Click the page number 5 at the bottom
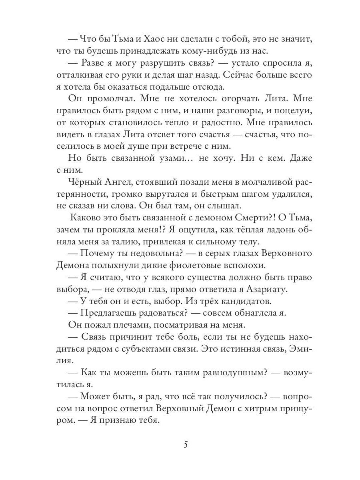[x=185, y=445]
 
